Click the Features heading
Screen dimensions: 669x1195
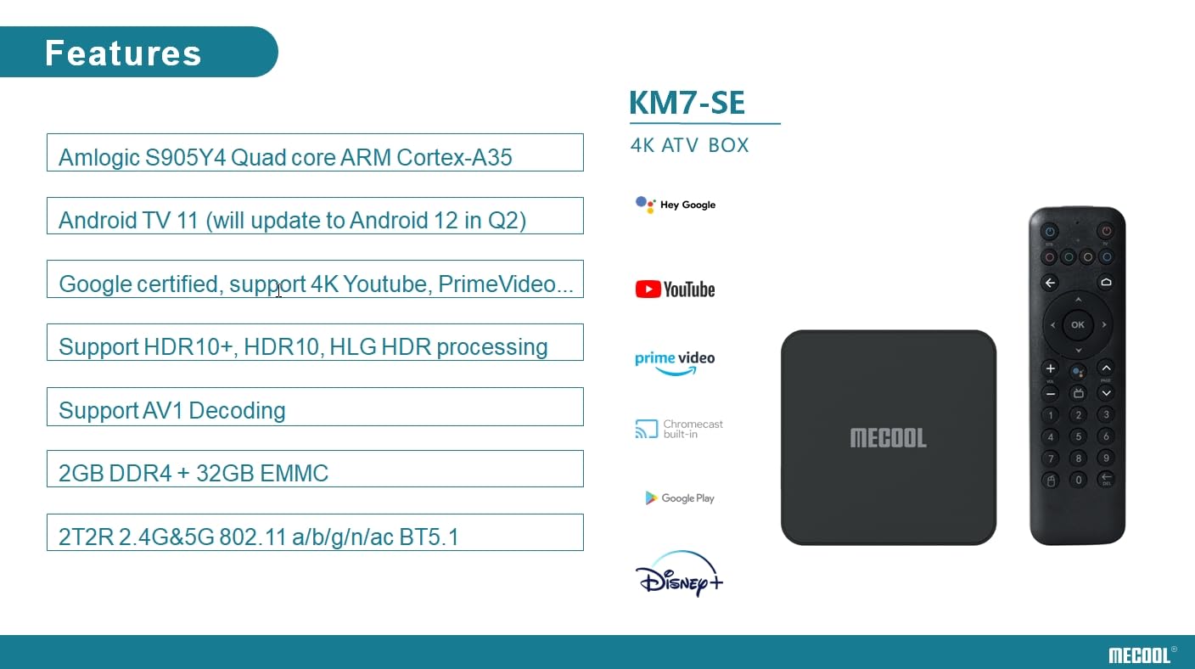[x=123, y=53]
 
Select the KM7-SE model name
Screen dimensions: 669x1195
[x=687, y=103]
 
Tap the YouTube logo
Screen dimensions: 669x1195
[x=675, y=290]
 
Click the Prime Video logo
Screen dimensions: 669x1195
[x=675, y=362]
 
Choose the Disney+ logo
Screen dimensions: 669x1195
[x=678, y=575]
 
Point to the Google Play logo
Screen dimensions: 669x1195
[x=679, y=498]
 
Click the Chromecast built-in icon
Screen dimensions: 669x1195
[x=647, y=430]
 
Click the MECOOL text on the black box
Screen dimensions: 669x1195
[x=888, y=438]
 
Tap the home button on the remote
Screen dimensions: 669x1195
[x=1105, y=283]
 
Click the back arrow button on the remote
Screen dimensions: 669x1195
[x=1050, y=283]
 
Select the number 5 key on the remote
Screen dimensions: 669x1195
[x=1078, y=436]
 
